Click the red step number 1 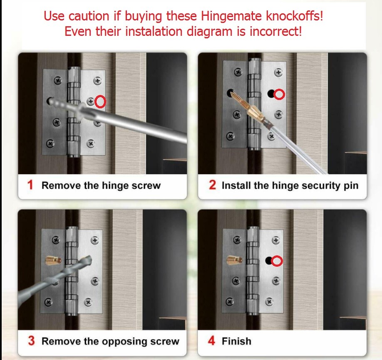click(30, 185)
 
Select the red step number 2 click(212, 185)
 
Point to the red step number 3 click(31, 340)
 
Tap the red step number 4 click(211, 340)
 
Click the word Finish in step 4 click(236, 341)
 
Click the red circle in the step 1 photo click(100, 101)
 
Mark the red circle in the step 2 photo click(280, 95)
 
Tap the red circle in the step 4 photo click(277, 261)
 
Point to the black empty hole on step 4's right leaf click(269, 261)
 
